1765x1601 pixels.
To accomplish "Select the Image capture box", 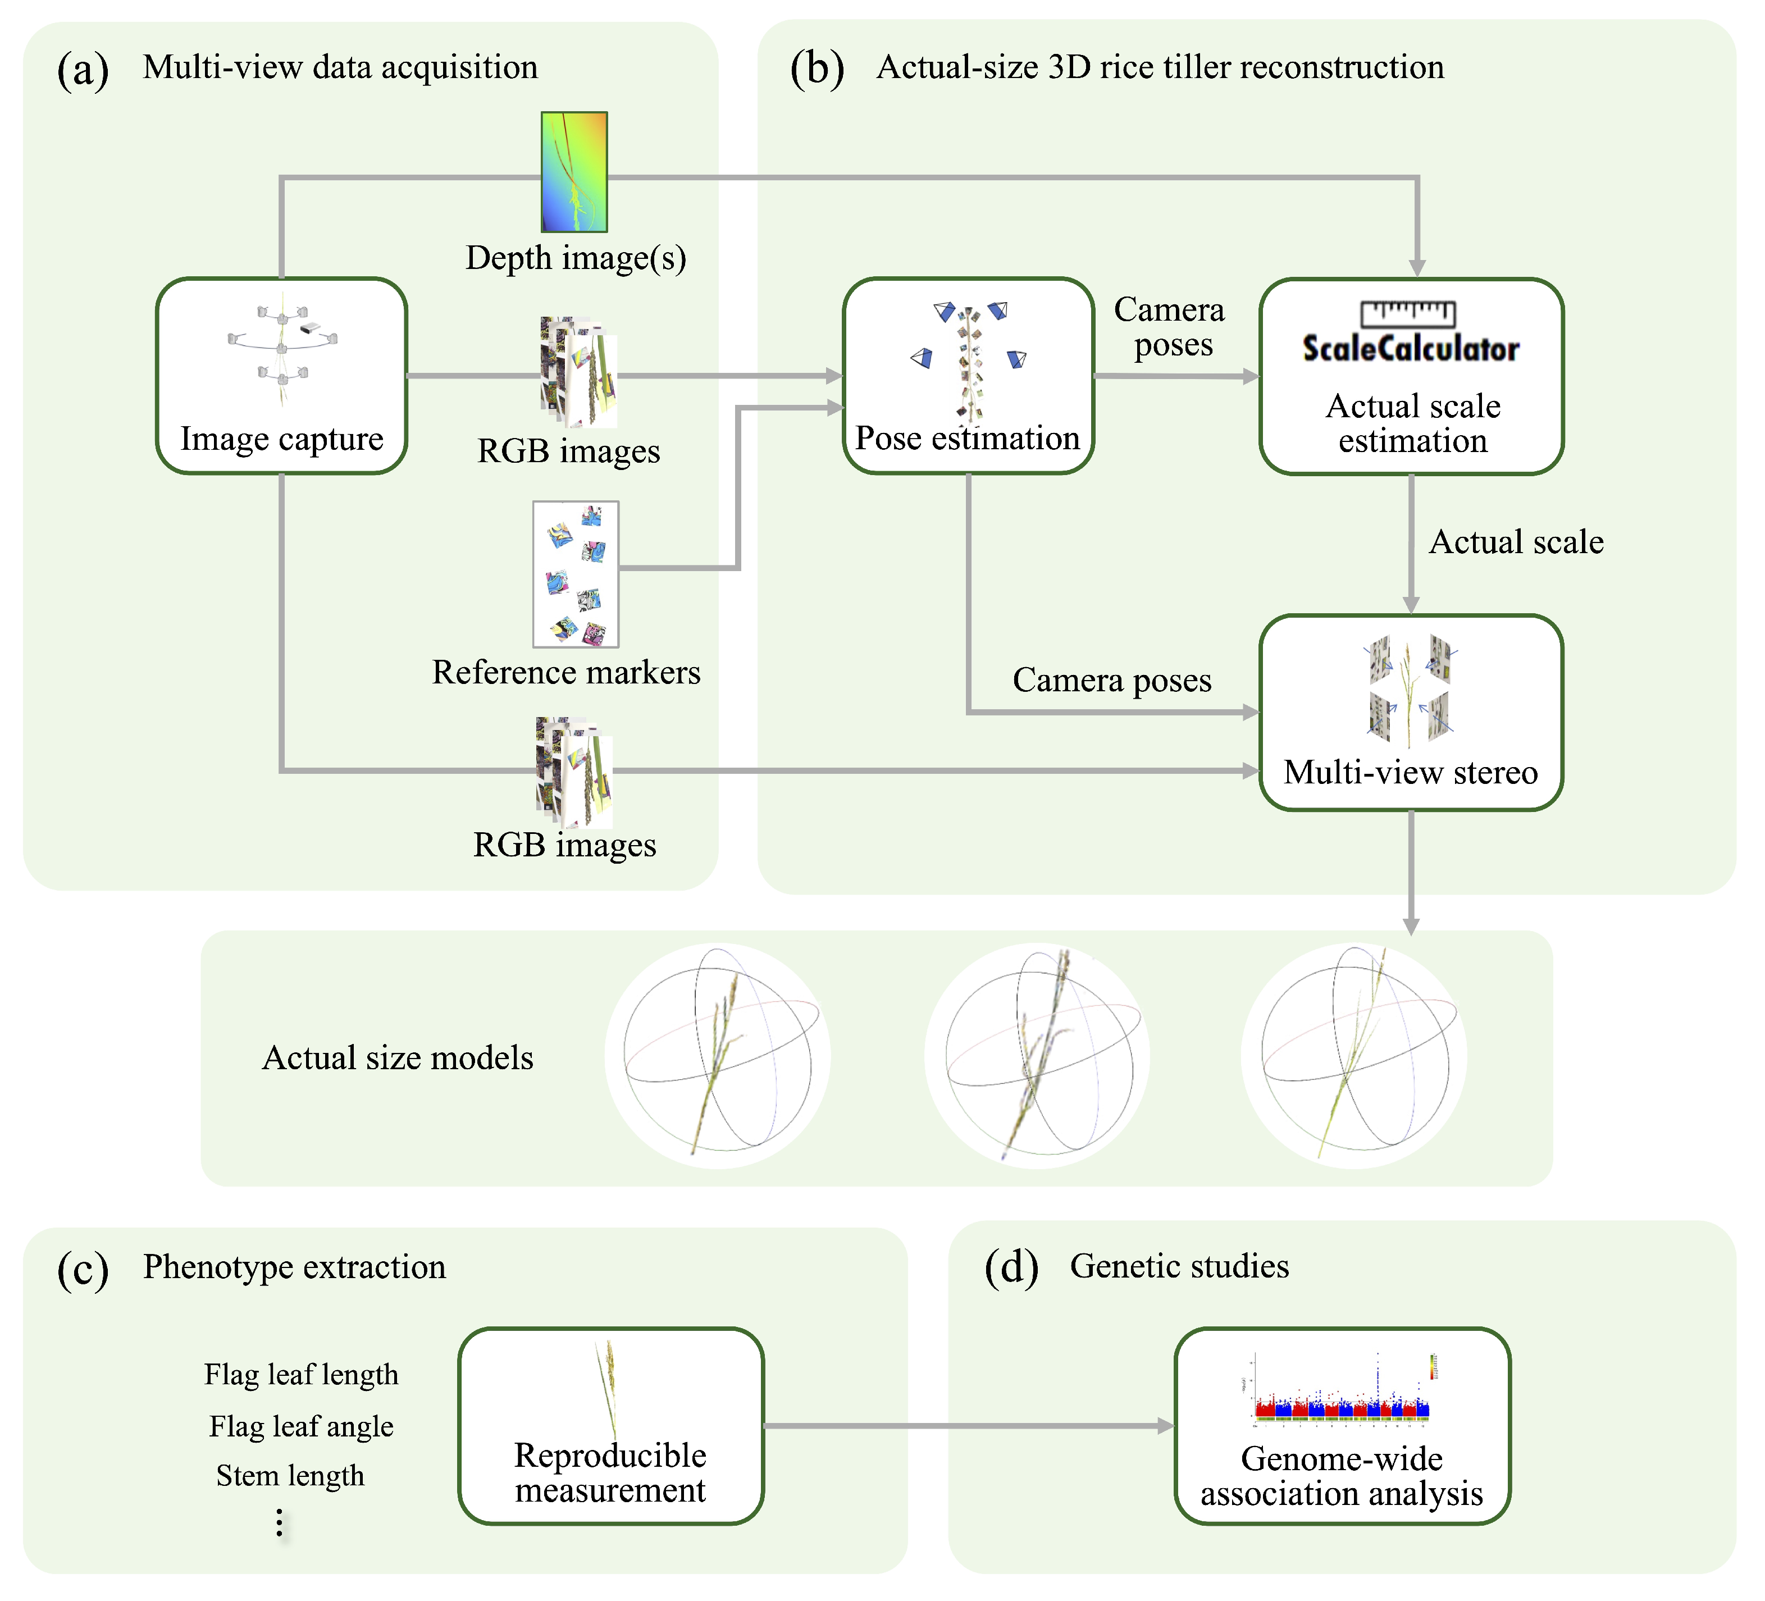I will point(281,376).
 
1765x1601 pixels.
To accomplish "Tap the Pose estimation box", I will point(968,376).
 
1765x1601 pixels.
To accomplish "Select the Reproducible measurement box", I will point(610,1425).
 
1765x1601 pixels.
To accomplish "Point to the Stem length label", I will point(290,1475).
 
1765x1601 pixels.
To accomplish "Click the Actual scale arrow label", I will point(1516,542).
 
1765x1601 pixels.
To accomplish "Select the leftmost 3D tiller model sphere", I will point(717,1056).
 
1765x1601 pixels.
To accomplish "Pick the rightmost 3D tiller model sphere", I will point(1353,1056).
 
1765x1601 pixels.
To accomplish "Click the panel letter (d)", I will point(1011,1267).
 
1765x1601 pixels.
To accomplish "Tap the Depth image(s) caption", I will point(575,258).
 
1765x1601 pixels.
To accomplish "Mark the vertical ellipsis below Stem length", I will point(279,1523).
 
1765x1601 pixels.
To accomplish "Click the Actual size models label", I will point(398,1057).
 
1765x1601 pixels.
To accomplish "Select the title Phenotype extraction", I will point(294,1267).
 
